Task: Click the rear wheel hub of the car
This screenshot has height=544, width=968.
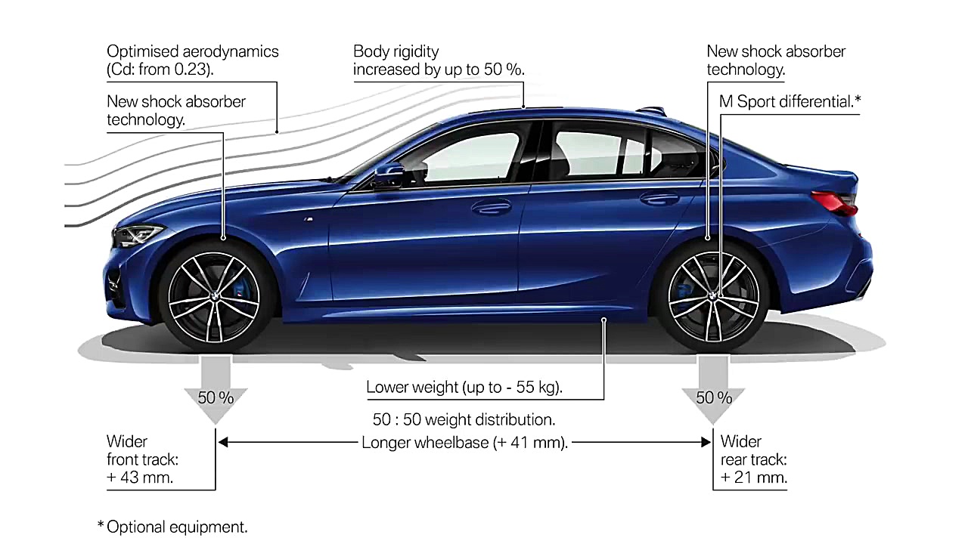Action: (712, 296)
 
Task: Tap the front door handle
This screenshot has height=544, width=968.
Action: (491, 206)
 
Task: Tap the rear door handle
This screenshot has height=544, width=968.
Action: (659, 198)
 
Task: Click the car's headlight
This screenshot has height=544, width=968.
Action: (137, 235)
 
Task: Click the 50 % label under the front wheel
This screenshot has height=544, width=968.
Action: (216, 397)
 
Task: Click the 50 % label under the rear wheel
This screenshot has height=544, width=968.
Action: (714, 397)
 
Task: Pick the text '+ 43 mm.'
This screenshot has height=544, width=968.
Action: (140, 478)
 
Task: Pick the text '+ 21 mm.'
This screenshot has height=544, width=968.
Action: (754, 478)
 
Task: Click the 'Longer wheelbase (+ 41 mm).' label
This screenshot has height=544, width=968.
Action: (464, 443)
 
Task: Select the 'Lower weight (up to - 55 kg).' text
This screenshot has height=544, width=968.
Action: (464, 388)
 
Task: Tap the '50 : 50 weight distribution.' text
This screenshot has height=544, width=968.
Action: (464, 419)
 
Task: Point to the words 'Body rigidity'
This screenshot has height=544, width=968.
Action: (396, 52)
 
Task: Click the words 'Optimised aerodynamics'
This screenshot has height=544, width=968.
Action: (193, 52)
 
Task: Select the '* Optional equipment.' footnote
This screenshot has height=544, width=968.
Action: (172, 527)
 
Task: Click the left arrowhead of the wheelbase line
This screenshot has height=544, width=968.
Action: (223, 442)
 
